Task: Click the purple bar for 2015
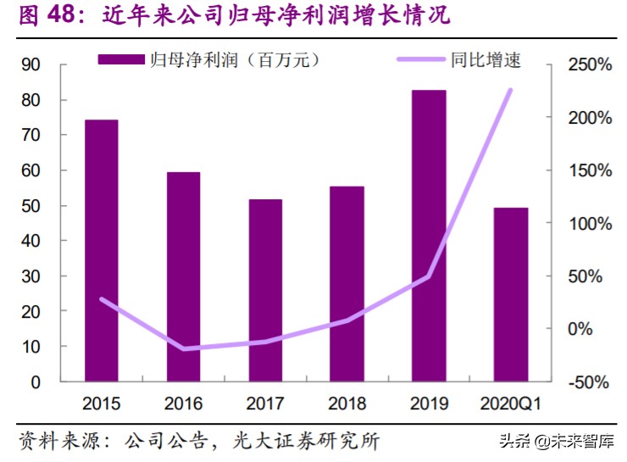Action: pos(102,250)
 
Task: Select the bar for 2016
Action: pos(183,276)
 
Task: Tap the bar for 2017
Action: pos(265,290)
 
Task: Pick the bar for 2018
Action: pos(347,283)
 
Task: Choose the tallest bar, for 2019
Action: pos(429,235)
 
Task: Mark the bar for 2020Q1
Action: pos(511,294)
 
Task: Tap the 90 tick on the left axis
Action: pos(31,65)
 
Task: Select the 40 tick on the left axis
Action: pos(31,242)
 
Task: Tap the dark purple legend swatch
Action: pos(121,60)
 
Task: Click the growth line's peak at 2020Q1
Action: pos(511,89)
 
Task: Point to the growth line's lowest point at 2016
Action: pos(183,348)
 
